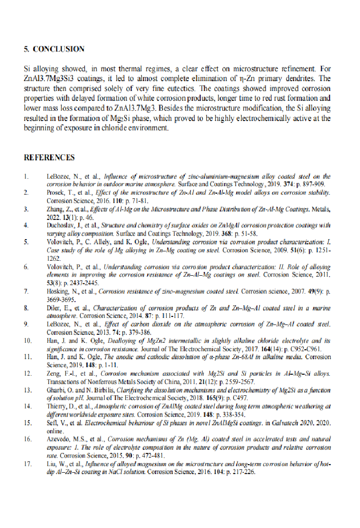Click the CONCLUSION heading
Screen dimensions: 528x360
(59, 49)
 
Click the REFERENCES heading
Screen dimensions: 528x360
(49, 158)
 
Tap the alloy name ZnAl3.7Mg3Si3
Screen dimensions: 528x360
(48, 78)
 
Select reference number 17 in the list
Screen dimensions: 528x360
(28, 464)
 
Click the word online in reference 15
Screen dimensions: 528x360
(54, 431)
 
